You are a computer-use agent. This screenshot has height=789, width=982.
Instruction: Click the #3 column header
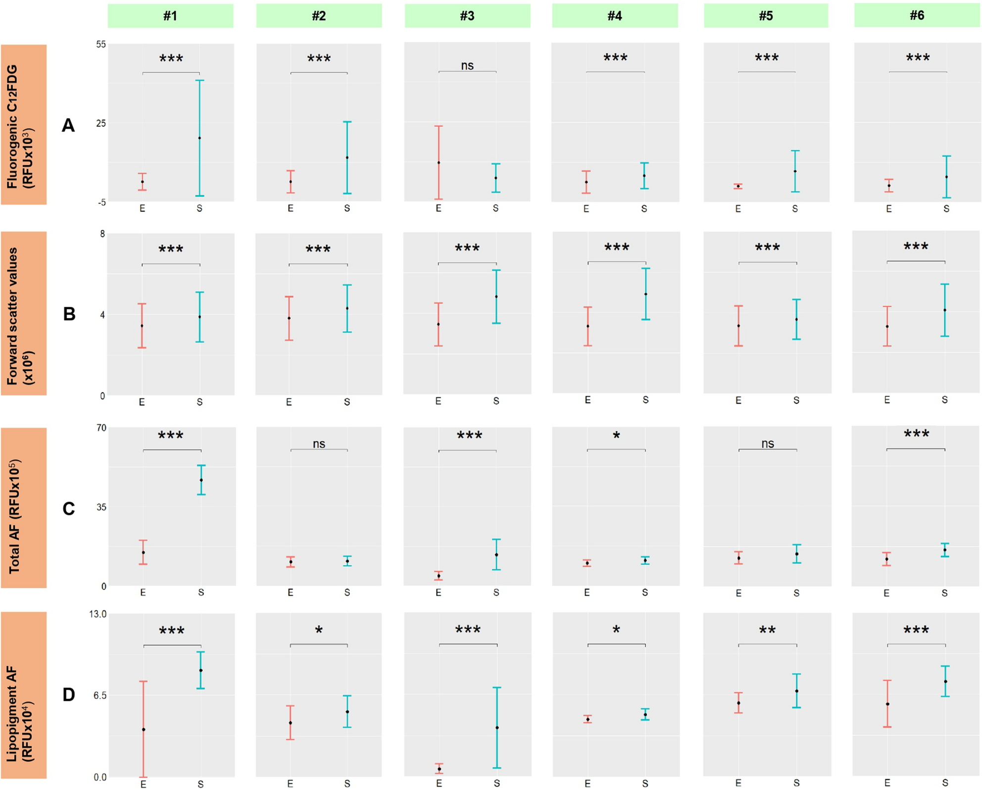[467, 16]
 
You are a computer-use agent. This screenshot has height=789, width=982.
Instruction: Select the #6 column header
[917, 15]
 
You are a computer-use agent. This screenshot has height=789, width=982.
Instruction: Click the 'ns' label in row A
[467, 65]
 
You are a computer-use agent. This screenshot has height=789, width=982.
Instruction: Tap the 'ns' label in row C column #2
[319, 444]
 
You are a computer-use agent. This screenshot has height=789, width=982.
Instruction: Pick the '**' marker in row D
[767, 631]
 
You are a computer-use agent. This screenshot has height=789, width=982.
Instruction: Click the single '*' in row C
[616, 436]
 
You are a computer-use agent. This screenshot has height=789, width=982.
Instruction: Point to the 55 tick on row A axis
[101, 45]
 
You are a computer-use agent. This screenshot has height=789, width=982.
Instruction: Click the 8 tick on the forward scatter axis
[102, 234]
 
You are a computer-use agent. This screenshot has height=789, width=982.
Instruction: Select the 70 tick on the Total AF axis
[101, 428]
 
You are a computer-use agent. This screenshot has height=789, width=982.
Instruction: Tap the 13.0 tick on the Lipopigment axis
[98, 614]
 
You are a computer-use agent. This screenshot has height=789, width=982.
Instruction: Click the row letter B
[69, 314]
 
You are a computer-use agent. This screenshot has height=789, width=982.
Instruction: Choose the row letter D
[68, 694]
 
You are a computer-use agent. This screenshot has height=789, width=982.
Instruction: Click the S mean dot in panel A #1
[199, 138]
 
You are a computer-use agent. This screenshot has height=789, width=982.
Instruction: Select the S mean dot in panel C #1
[201, 480]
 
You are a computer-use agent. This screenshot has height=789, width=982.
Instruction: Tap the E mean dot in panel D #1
[144, 730]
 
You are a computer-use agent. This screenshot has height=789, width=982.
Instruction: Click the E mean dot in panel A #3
[439, 162]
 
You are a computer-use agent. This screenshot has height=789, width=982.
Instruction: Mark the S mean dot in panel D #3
[497, 728]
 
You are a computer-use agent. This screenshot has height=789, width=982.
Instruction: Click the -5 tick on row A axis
[101, 202]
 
